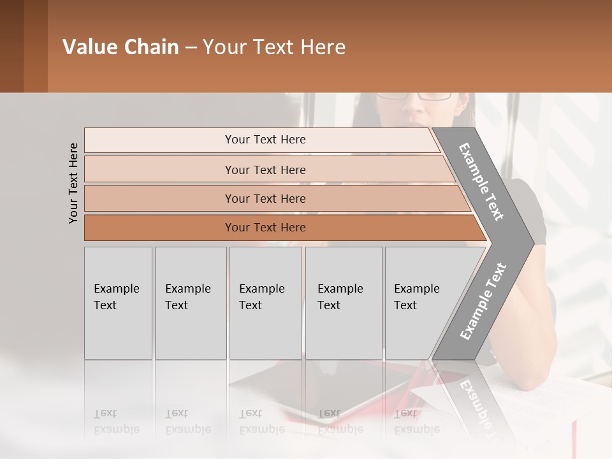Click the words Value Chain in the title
click(x=120, y=47)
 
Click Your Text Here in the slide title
click(x=274, y=47)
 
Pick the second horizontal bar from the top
click(x=265, y=170)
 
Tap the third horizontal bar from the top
click(x=265, y=198)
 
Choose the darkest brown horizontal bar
click(x=265, y=228)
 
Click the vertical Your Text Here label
click(x=73, y=183)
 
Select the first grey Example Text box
click(x=118, y=303)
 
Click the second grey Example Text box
click(x=190, y=303)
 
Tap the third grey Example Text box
click(x=265, y=303)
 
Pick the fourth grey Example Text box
click(x=343, y=303)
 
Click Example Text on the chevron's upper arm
click(x=482, y=182)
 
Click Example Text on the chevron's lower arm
click(x=483, y=302)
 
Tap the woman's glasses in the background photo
click(x=414, y=96)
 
